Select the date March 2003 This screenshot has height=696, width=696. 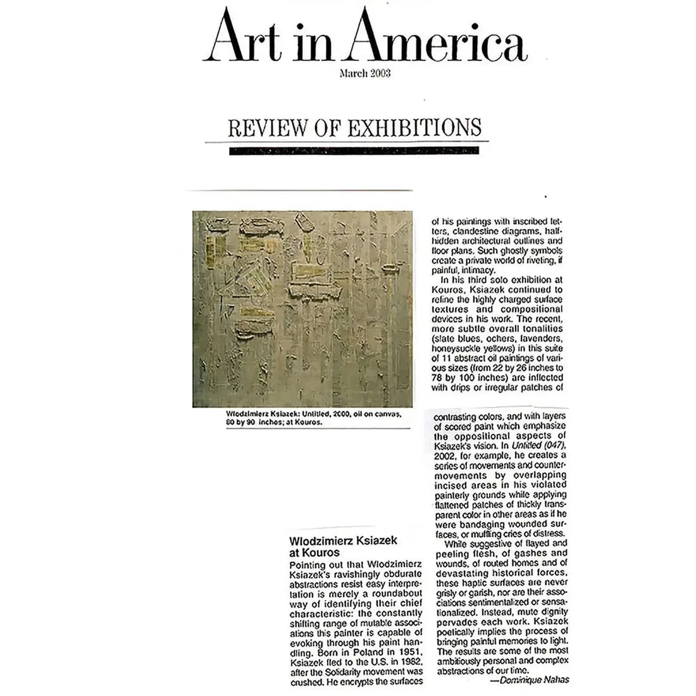pyautogui.click(x=365, y=73)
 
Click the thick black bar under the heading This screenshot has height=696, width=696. pyautogui.click(x=359, y=151)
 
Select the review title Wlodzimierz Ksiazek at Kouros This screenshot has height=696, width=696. pyautogui.click(x=334, y=547)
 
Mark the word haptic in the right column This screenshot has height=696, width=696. pyautogui.click(x=473, y=582)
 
